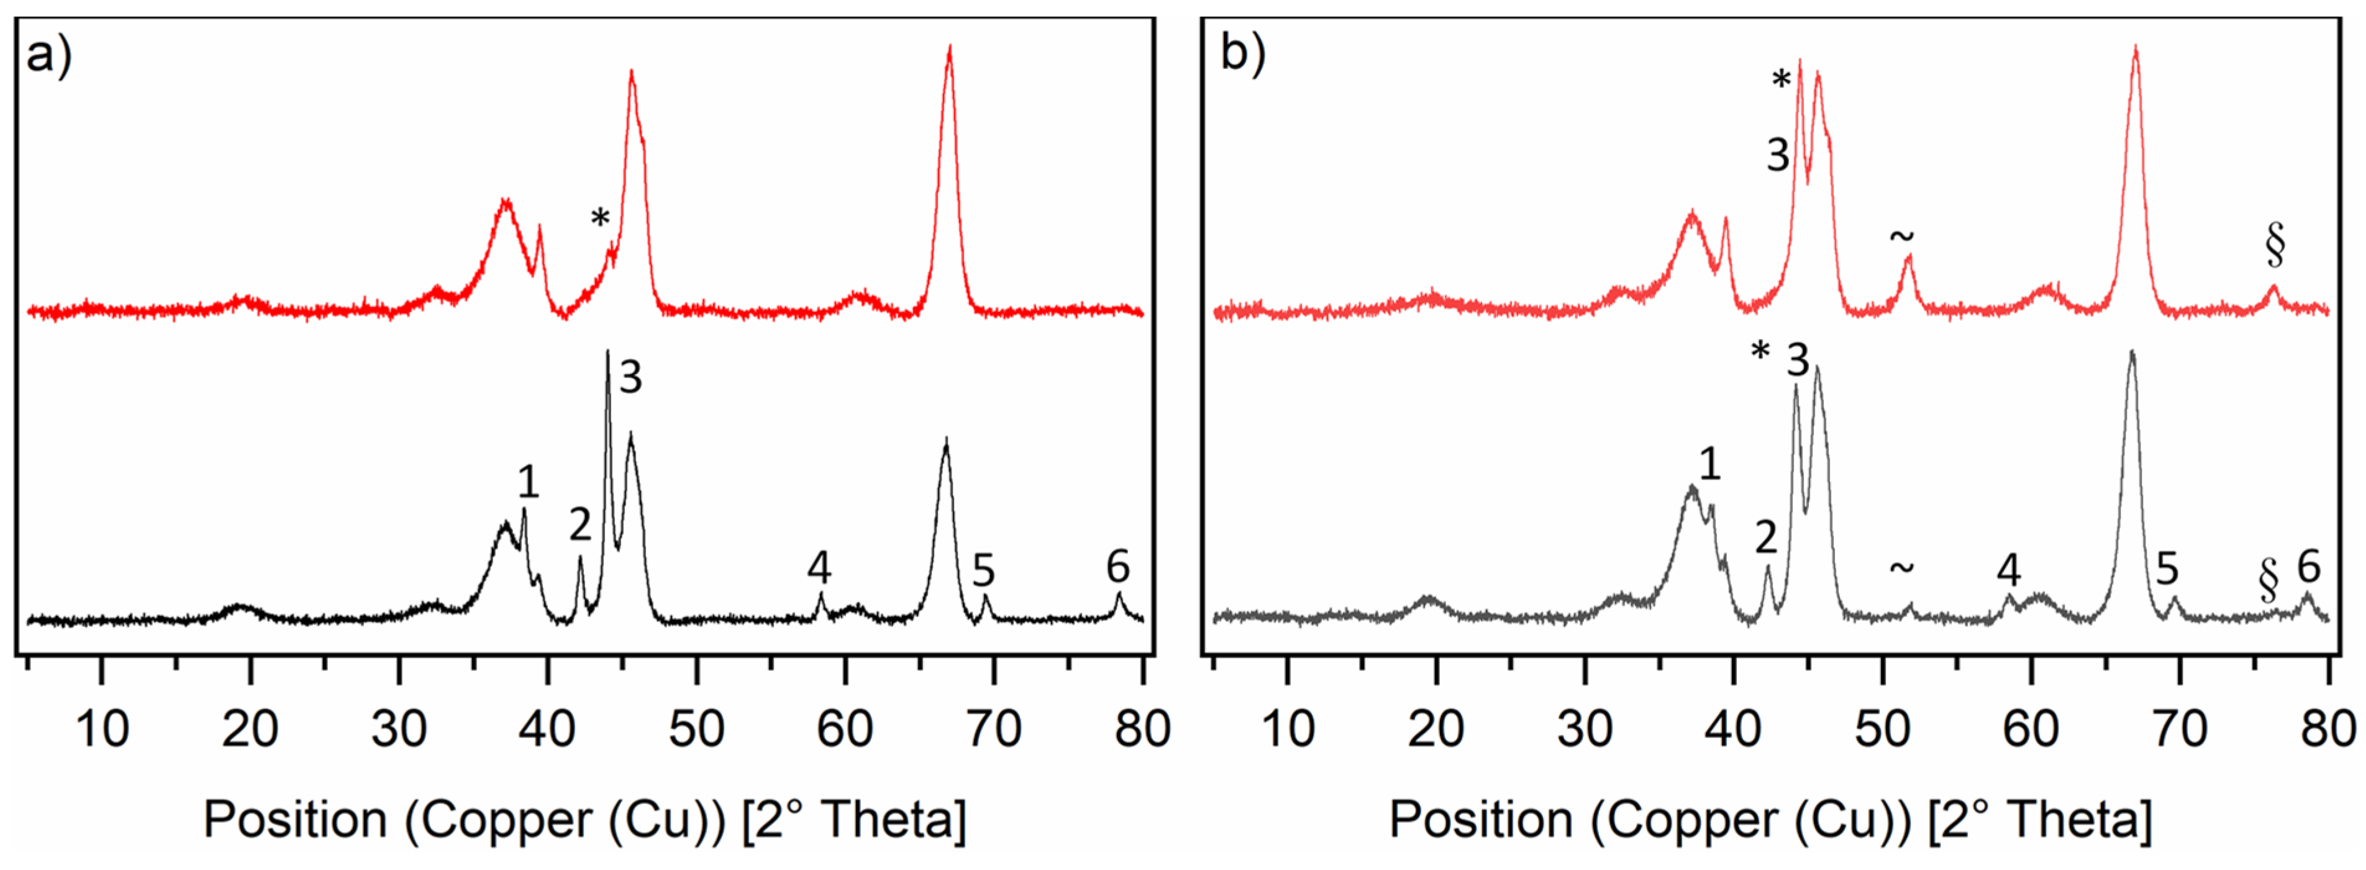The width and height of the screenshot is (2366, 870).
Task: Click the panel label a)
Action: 48,57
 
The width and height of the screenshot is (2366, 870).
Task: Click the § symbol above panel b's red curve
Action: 2274,245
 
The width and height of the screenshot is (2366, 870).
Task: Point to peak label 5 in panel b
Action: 2167,570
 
